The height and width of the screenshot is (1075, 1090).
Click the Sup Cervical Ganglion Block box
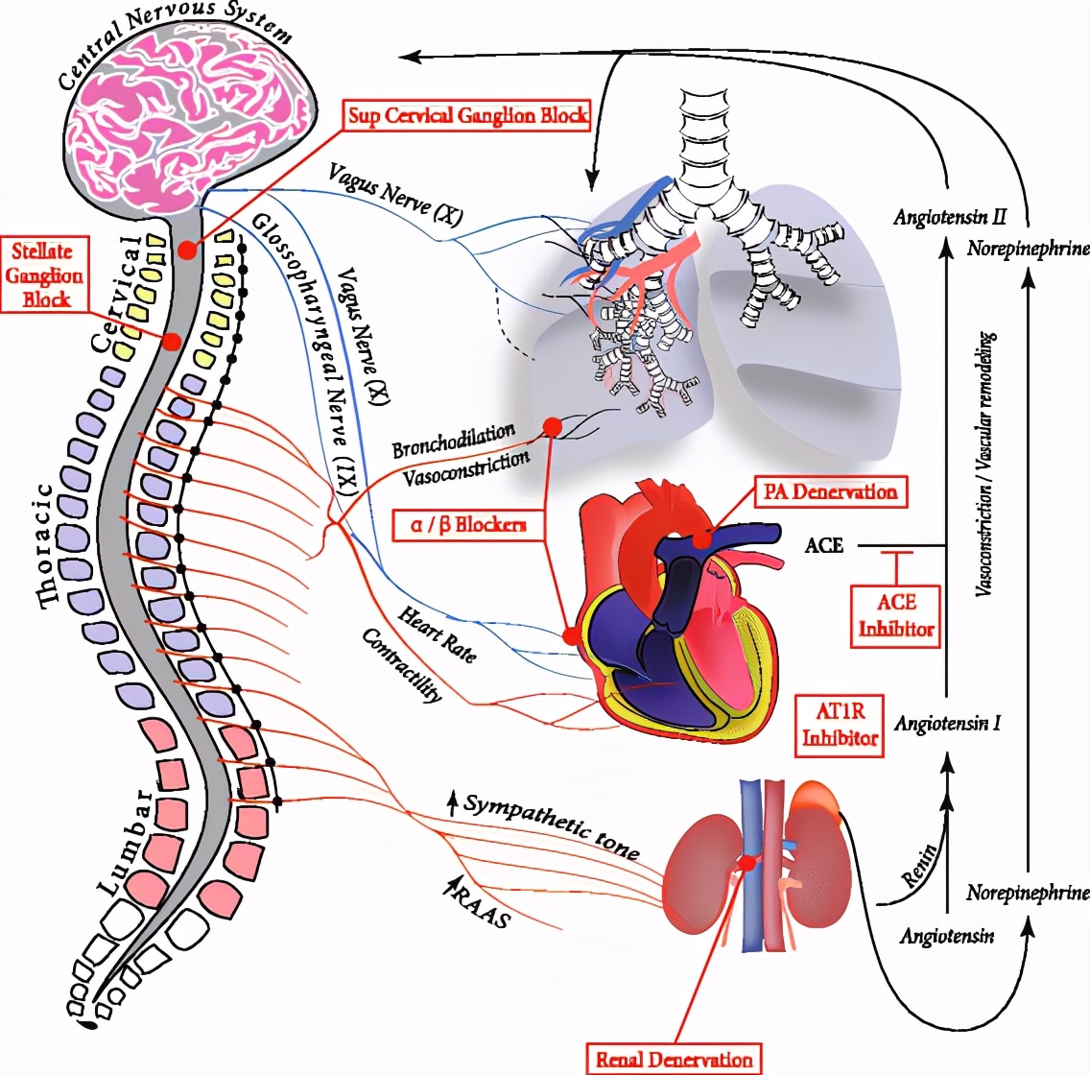point(466,115)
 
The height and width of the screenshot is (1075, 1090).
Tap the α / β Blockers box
point(468,524)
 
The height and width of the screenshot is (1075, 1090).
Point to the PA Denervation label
point(830,491)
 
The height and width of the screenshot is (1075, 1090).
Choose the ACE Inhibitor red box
point(896,615)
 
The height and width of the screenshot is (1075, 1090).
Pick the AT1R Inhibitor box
point(840,725)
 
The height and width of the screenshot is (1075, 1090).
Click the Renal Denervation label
point(675,1060)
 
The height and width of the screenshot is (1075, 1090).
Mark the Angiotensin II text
point(949,218)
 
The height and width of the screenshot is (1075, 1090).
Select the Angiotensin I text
point(947,723)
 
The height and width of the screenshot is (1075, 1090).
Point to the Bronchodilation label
point(453,442)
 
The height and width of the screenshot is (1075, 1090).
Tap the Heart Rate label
point(438,633)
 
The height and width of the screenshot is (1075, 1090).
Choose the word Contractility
point(402,665)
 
